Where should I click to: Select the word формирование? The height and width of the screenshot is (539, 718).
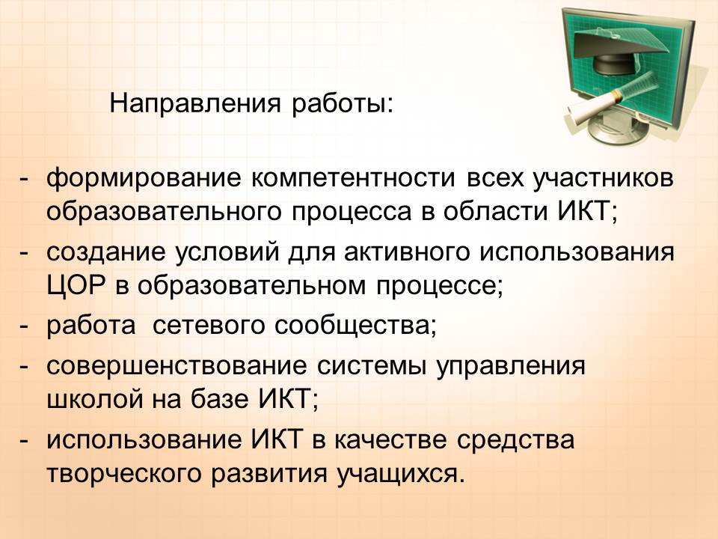144,179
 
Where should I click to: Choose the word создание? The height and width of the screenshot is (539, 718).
105,253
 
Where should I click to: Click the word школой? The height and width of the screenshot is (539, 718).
94,400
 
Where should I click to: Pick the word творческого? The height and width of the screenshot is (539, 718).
123,474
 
